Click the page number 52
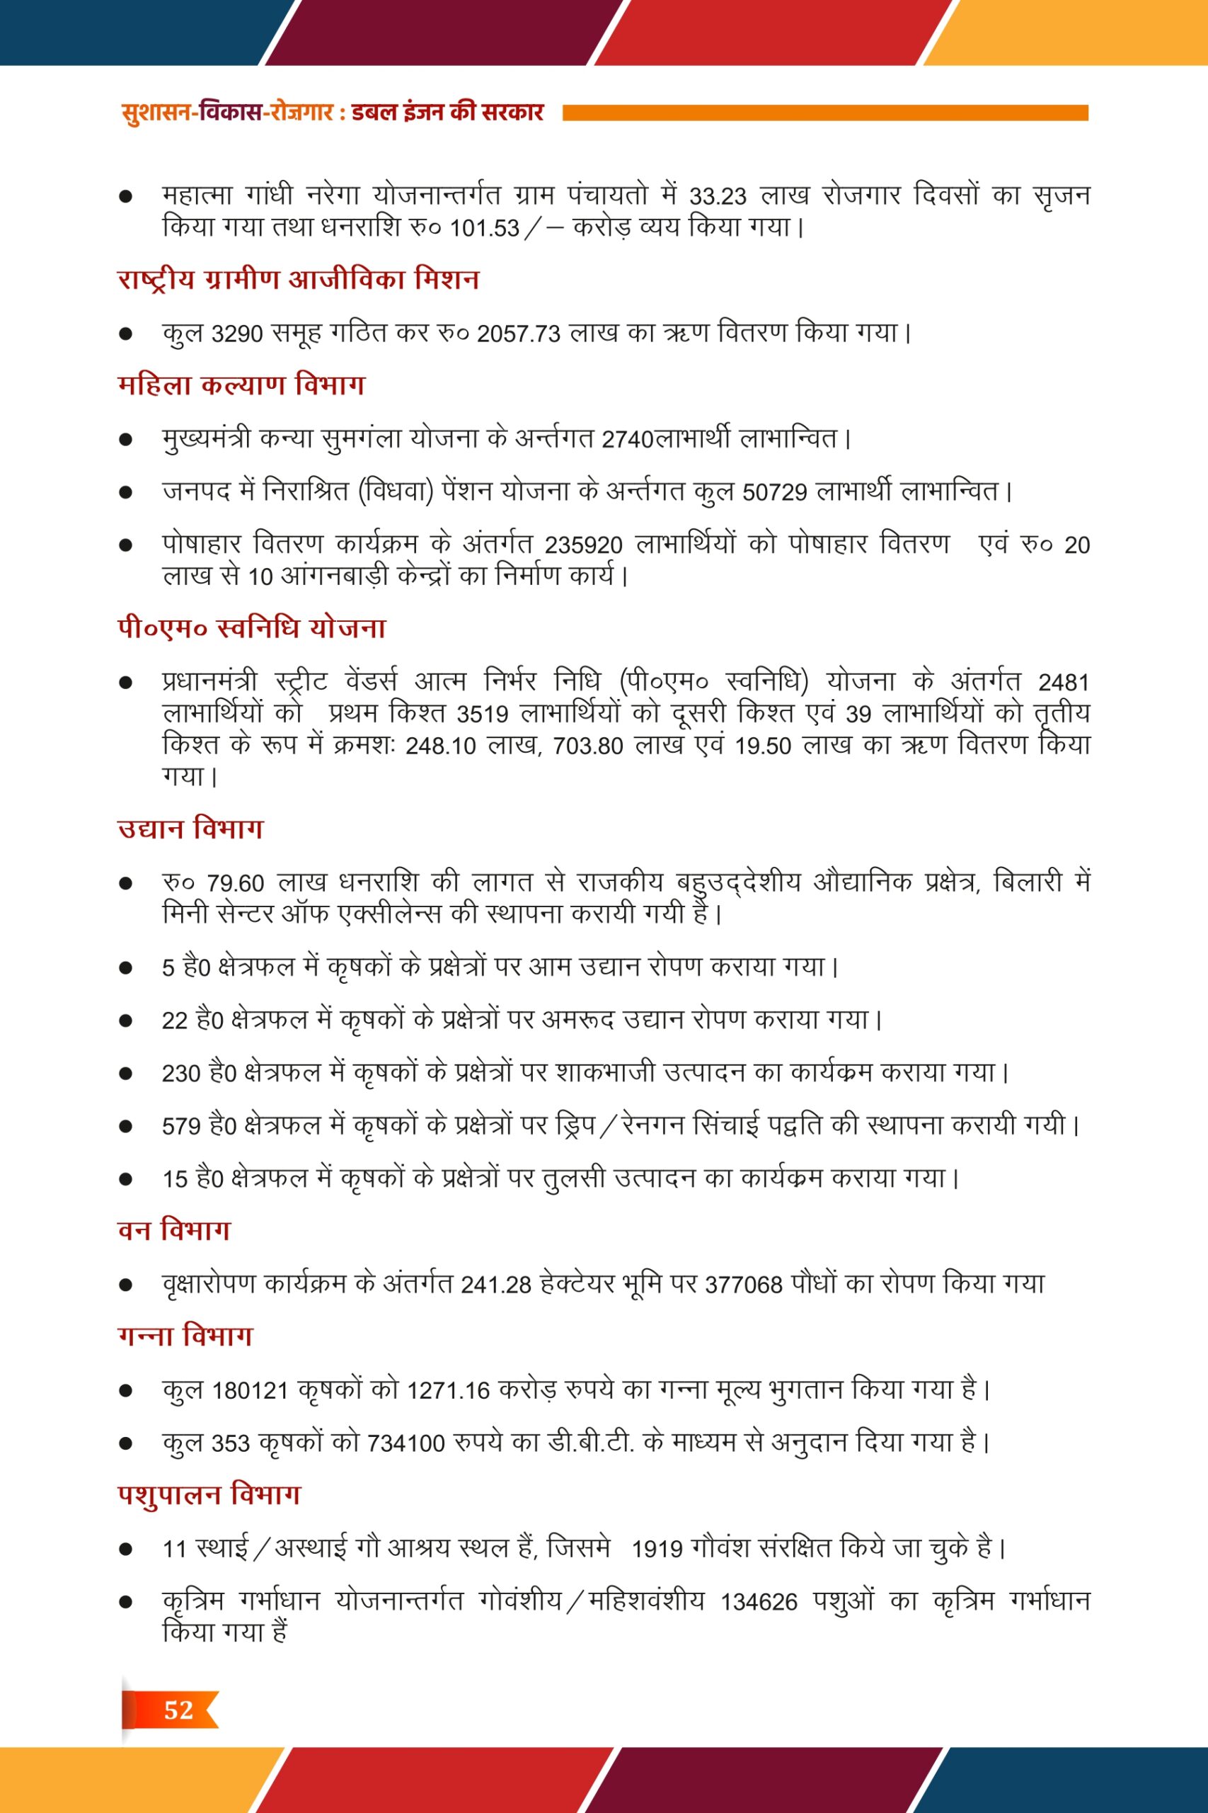pos(178,1709)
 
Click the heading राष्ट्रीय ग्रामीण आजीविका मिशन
pos(298,279)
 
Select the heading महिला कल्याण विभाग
pos(241,385)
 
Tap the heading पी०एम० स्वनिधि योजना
pos(251,628)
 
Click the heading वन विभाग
pos(174,1229)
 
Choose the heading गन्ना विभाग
pos(185,1335)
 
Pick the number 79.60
pos(236,883)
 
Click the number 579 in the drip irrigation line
pos(181,1127)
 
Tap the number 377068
pos(744,1285)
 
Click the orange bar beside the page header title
pos(825,113)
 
